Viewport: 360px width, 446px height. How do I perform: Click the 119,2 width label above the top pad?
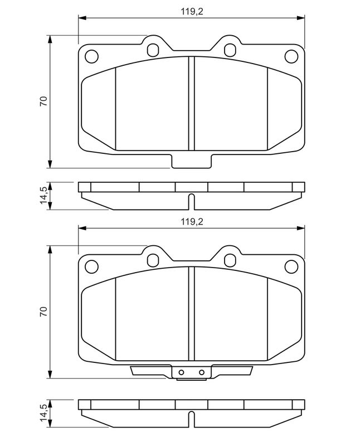[x=192, y=12]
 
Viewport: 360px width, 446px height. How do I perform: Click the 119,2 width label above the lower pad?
[x=192, y=222]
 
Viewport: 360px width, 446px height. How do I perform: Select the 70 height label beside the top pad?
[x=43, y=101]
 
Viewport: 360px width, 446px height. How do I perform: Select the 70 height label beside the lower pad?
[x=43, y=312]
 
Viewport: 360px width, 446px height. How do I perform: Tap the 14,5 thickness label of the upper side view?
[x=43, y=195]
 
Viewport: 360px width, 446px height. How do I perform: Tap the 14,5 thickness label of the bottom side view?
[x=43, y=413]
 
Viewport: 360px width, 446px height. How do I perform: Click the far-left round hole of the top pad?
[x=91, y=56]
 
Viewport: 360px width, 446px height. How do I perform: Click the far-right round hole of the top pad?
[x=291, y=56]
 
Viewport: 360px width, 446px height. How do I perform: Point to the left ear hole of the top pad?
[x=153, y=50]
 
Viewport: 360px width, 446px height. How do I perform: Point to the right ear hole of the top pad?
[x=230, y=50]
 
